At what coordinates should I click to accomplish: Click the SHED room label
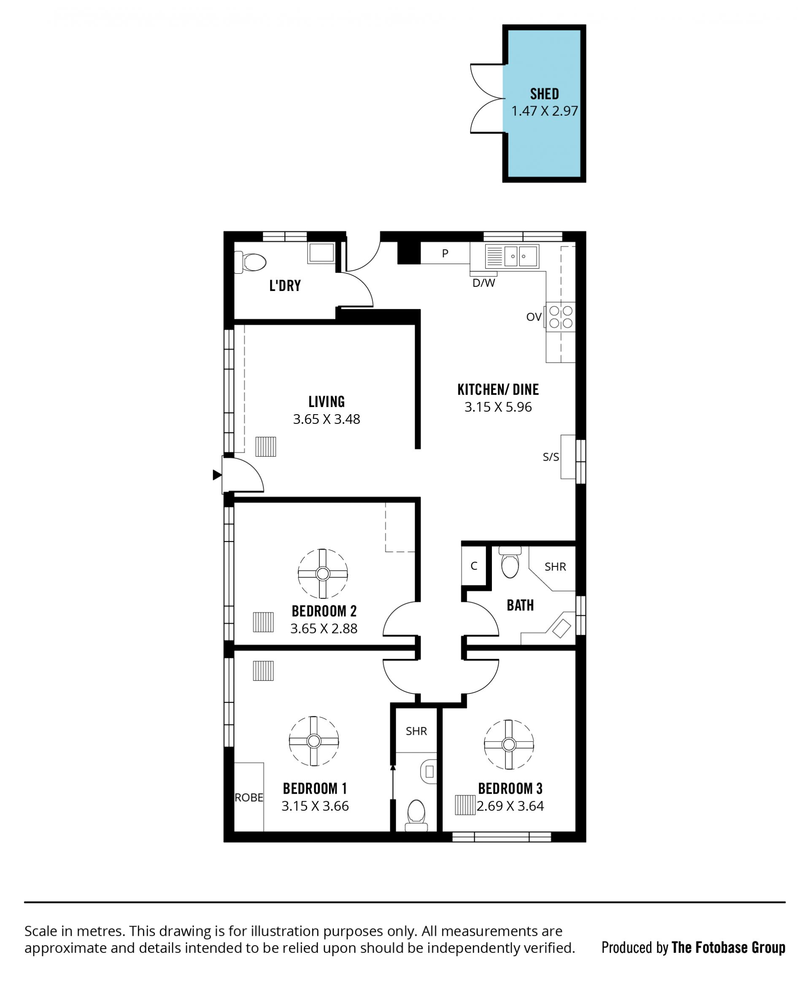(544, 94)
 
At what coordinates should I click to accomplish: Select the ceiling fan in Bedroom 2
(323, 573)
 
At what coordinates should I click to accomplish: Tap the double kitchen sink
(512, 256)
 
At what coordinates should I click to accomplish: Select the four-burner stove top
(560, 317)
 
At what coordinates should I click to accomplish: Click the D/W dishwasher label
(483, 283)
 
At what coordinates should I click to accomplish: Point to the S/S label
(551, 457)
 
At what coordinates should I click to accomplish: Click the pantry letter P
(445, 253)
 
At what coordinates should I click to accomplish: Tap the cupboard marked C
(474, 566)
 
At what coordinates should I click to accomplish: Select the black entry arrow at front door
(217, 475)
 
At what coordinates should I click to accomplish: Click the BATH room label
(520, 606)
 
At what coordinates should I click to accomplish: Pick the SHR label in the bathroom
(555, 567)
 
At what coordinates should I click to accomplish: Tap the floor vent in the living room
(265, 446)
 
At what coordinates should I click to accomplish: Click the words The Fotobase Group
(728, 947)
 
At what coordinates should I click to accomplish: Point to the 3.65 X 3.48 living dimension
(327, 419)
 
